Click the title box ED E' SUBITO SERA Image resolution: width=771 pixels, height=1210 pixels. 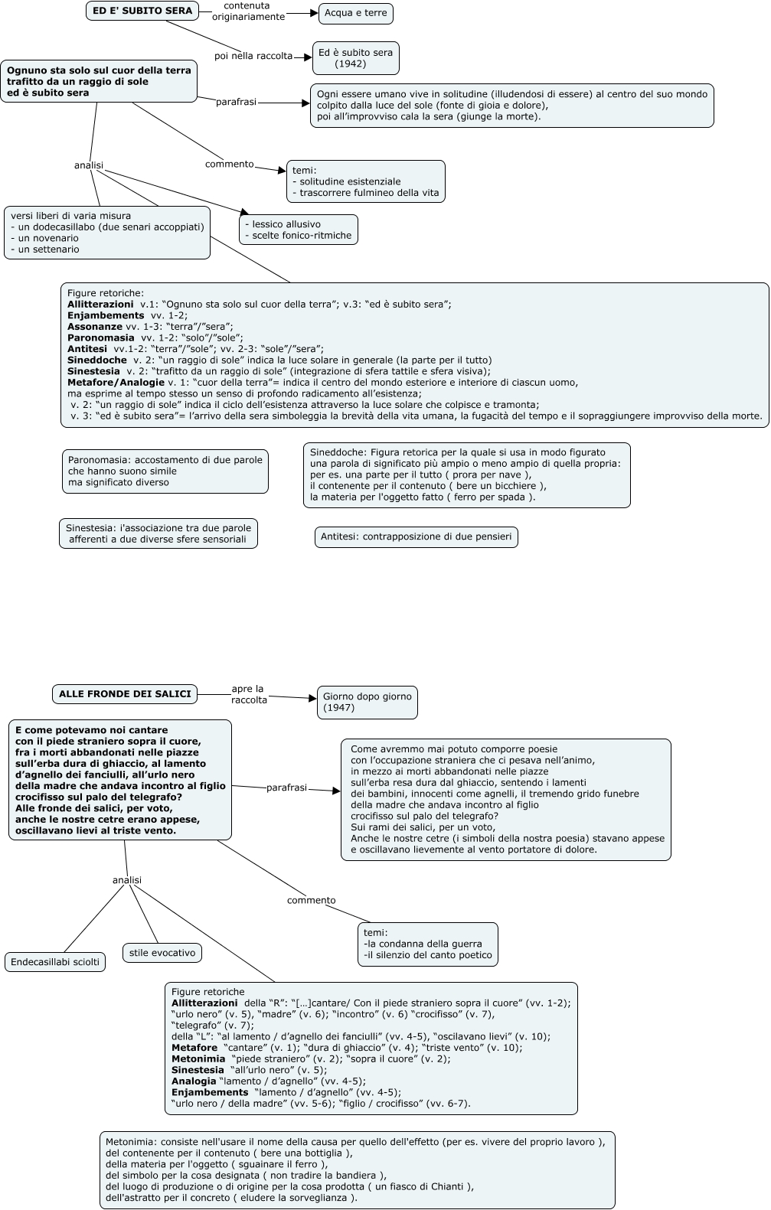click(x=142, y=11)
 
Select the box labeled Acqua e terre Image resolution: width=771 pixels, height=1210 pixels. click(x=355, y=14)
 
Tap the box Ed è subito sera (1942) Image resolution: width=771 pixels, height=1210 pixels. click(x=355, y=58)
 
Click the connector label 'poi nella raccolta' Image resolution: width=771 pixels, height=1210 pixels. click(x=253, y=56)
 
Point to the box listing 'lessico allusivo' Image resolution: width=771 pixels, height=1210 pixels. click(x=299, y=230)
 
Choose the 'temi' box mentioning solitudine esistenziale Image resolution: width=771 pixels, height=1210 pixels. click(x=366, y=181)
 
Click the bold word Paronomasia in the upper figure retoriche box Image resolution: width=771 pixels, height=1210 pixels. click(x=100, y=338)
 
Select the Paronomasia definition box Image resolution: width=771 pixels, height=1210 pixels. click(x=165, y=471)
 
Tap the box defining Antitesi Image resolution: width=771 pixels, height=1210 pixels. click(x=416, y=537)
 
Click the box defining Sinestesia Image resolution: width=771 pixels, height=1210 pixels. click(x=158, y=533)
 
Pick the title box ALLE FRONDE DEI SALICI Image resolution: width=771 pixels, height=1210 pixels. click(x=125, y=694)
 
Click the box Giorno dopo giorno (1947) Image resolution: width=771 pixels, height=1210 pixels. click(x=368, y=703)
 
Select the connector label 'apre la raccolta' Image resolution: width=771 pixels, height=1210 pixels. click(x=249, y=694)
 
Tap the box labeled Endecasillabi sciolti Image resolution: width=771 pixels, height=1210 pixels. click(x=55, y=962)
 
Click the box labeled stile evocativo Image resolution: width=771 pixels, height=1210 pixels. click(x=162, y=953)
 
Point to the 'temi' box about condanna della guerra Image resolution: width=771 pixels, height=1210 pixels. click(x=427, y=944)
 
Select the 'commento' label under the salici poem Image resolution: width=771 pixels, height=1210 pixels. click(x=311, y=901)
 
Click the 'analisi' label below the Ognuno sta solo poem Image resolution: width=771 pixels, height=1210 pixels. click(x=89, y=165)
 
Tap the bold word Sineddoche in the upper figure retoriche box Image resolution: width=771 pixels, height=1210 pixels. click(x=96, y=360)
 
